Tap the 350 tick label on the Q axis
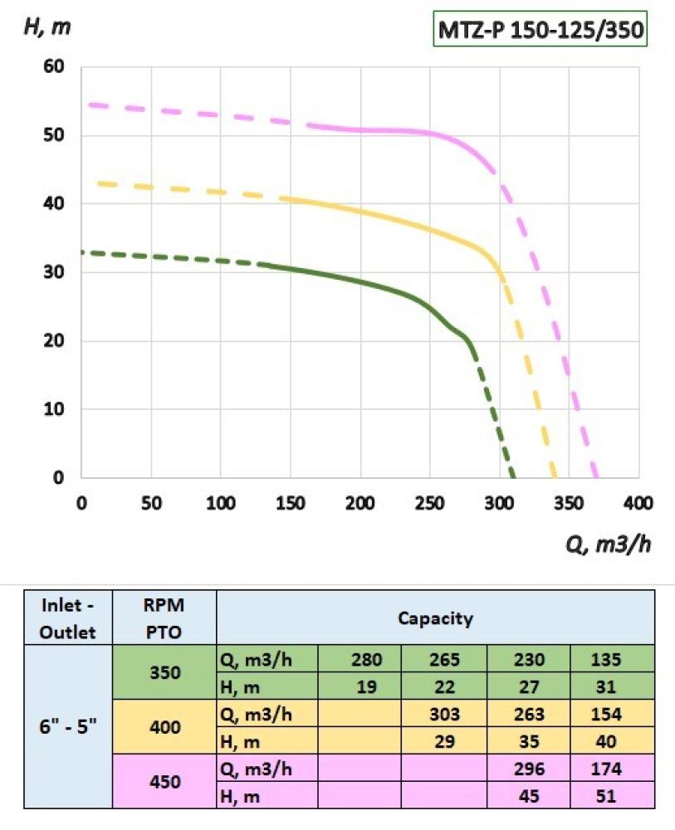[x=569, y=503]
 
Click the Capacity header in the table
[x=435, y=618]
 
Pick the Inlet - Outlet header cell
[x=69, y=618]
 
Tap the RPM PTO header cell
[x=164, y=618]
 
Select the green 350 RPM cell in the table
[x=164, y=672]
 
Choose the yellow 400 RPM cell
[x=164, y=726]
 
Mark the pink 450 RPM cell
[x=164, y=781]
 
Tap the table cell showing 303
[x=446, y=714]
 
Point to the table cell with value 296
[x=529, y=769]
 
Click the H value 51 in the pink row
[x=612, y=795]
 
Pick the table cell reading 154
[x=612, y=714]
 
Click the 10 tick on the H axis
[x=55, y=410]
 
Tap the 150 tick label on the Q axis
[x=290, y=503]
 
